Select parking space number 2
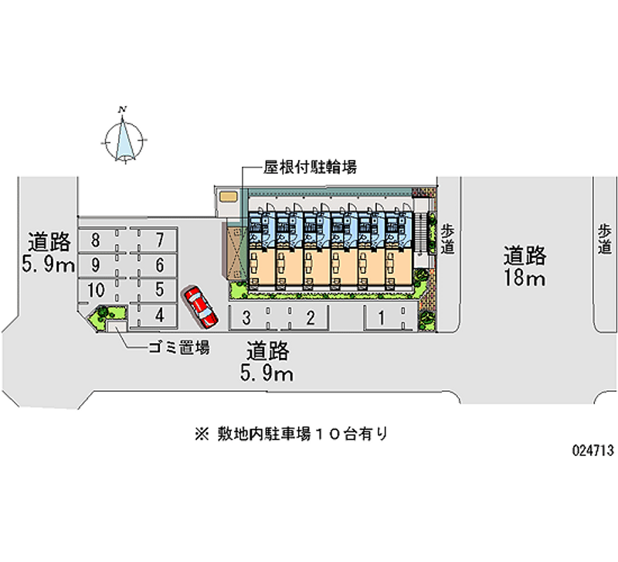click(x=309, y=316)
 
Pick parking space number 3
click(x=246, y=316)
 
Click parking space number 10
click(x=96, y=290)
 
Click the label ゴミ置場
click(x=178, y=348)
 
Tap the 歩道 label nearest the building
click(x=448, y=238)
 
